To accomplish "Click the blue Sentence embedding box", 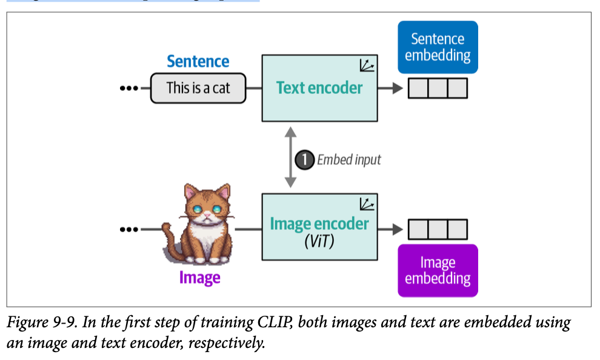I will click(x=438, y=47).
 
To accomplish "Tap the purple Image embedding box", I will click(x=438, y=270).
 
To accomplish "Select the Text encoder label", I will click(x=319, y=88).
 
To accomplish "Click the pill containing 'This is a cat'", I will click(x=198, y=88).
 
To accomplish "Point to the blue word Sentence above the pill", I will click(x=198, y=61).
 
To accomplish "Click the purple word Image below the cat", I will click(x=199, y=278).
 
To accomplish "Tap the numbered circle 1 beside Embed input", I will click(x=304, y=159).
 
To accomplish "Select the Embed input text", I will click(x=349, y=159).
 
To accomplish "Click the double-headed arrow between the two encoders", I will click(x=291, y=158).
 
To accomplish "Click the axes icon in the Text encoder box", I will click(x=366, y=65).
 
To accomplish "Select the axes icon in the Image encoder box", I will click(x=366, y=204).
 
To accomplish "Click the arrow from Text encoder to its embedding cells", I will click(x=390, y=88).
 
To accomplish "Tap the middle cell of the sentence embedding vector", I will click(x=438, y=88).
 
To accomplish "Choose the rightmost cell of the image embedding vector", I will click(x=458, y=230).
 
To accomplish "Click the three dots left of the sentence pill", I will click(x=129, y=88).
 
